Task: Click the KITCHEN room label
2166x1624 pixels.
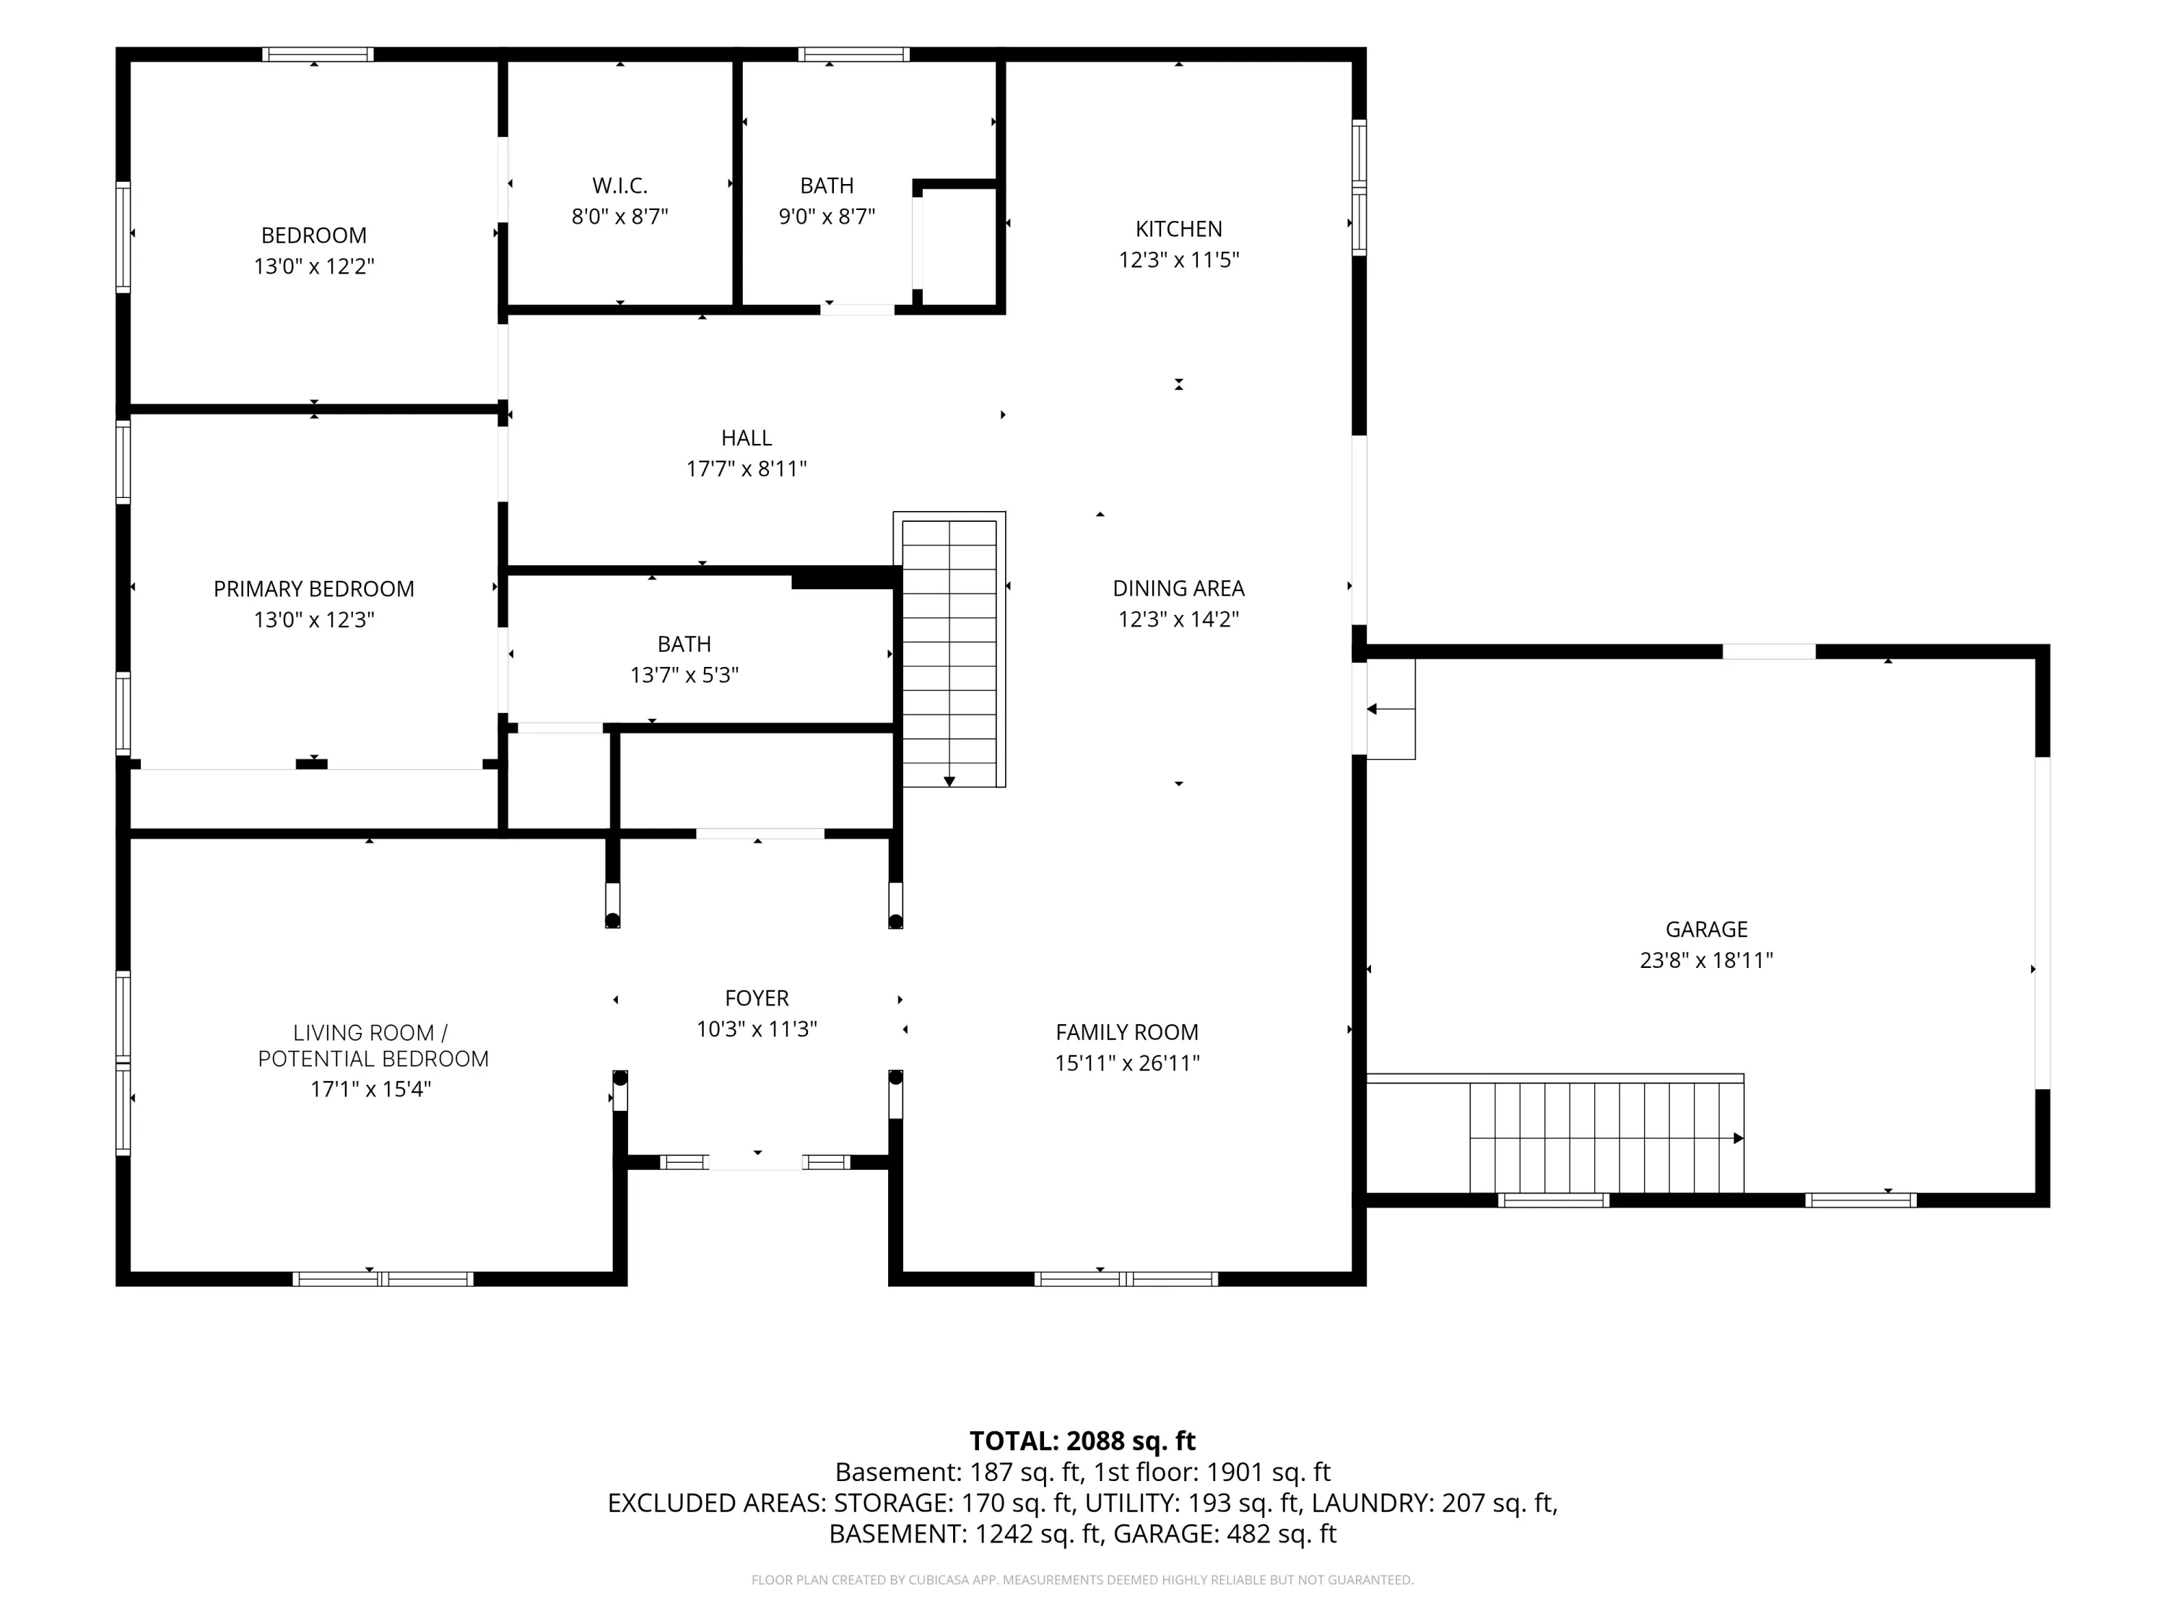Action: click(x=1179, y=229)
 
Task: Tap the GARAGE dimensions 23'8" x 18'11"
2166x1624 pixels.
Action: click(x=1707, y=960)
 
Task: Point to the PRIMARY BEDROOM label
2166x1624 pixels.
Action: click(x=313, y=589)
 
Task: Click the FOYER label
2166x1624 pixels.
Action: click(x=757, y=998)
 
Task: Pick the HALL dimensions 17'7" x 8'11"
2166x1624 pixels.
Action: click(x=746, y=469)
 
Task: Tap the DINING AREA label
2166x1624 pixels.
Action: click(x=1179, y=588)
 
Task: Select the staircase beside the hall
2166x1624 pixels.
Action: click(x=949, y=650)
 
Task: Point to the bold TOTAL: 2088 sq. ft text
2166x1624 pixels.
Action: click(x=1082, y=1441)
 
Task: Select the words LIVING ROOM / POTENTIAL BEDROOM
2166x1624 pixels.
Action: click(x=373, y=1045)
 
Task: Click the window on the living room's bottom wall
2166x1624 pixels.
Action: click(x=383, y=1278)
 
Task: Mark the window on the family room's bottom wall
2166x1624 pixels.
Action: click(x=1126, y=1278)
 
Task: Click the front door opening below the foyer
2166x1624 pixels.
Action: click(x=756, y=1162)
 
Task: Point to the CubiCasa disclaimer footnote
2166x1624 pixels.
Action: click(x=1082, y=1580)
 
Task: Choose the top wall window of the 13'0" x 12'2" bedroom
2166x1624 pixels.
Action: click(x=317, y=55)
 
